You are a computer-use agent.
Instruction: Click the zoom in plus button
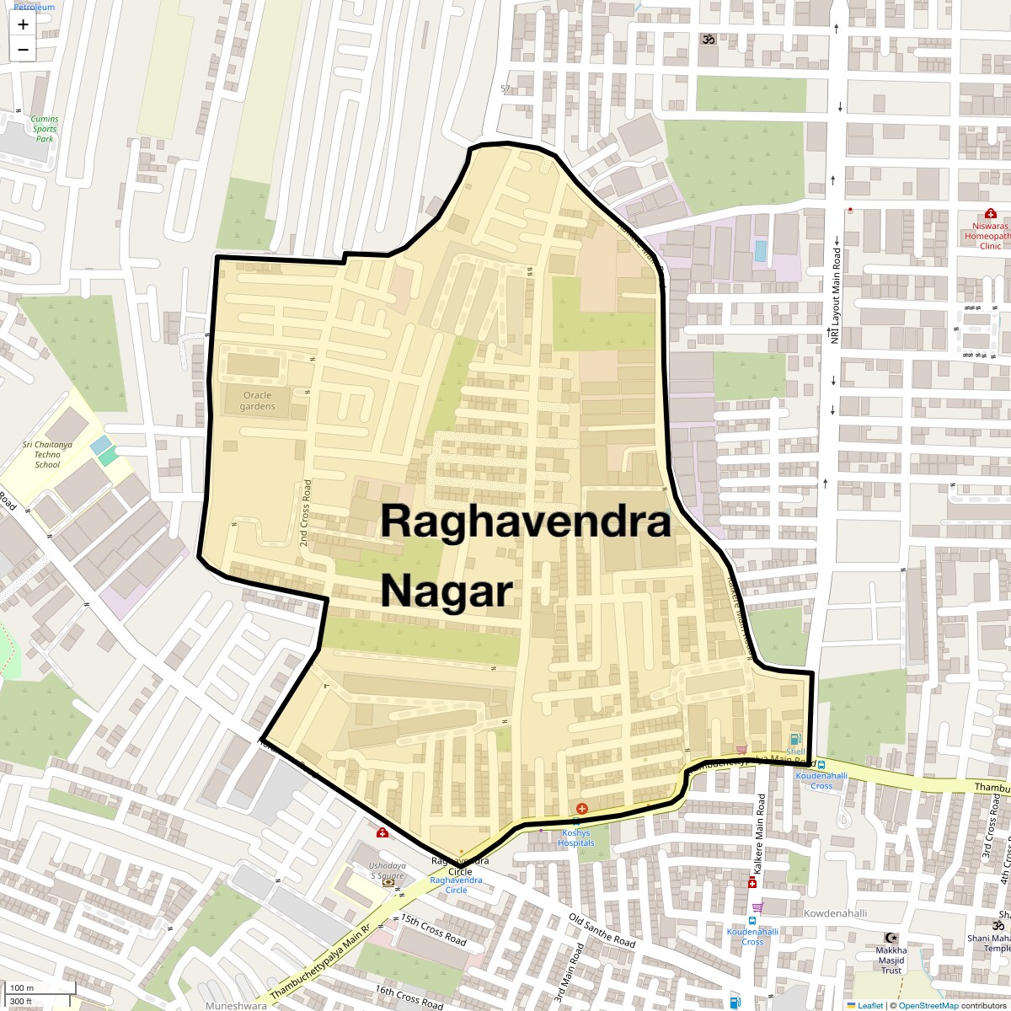(x=23, y=24)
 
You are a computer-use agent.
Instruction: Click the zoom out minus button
(x=23, y=50)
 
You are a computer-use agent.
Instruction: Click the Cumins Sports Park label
(x=45, y=129)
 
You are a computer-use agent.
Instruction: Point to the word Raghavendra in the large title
(x=526, y=522)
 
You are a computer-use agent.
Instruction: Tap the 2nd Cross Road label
(x=306, y=513)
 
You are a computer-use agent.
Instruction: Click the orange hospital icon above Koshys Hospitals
(x=582, y=808)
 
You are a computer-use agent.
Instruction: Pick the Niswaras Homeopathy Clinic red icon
(x=990, y=214)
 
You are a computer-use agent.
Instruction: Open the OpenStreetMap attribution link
(x=928, y=1005)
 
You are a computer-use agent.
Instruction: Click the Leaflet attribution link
(x=869, y=1005)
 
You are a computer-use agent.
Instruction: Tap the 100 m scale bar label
(x=23, y=988)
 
